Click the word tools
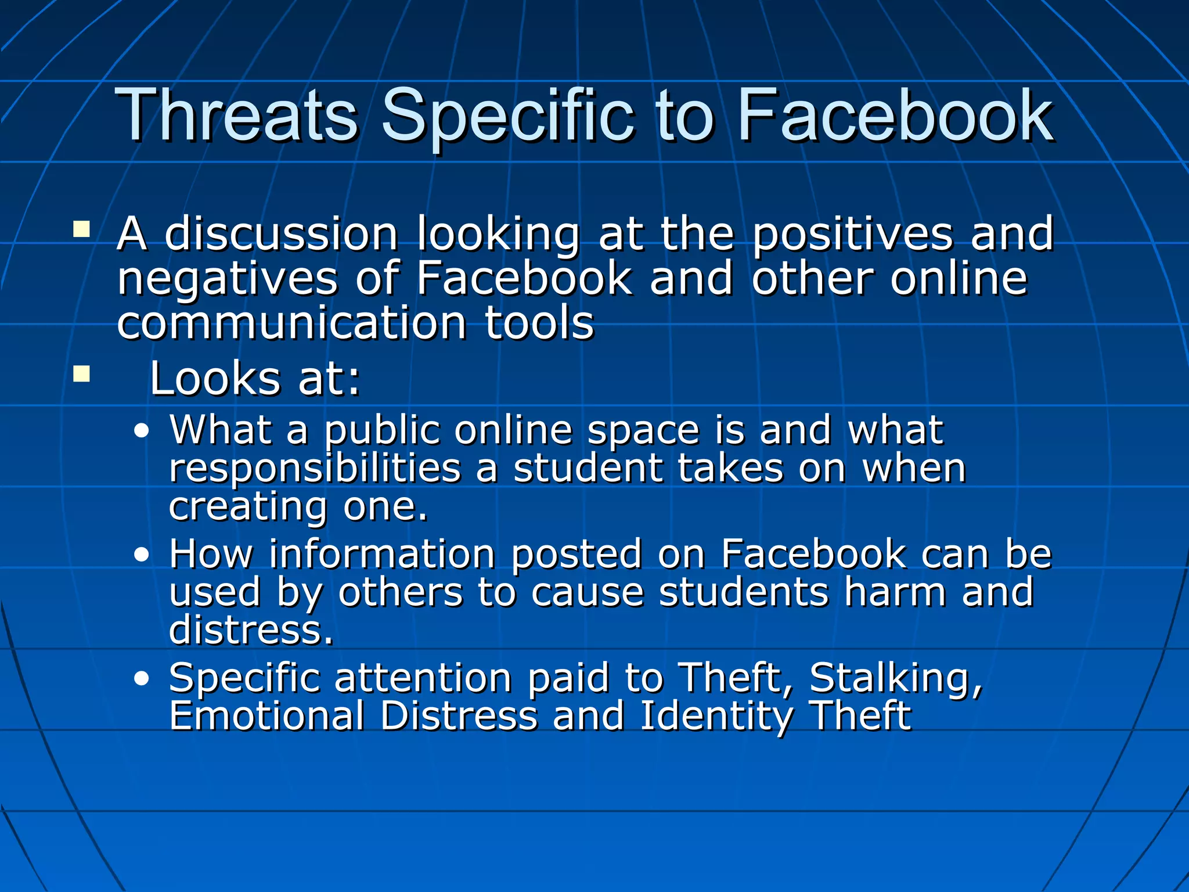point(539,323)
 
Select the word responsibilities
point(315,469)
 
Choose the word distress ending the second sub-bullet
point(251,630)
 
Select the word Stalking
point(895,678)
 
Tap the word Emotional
point(266,715)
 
